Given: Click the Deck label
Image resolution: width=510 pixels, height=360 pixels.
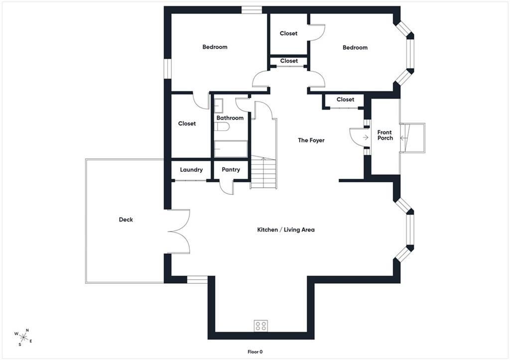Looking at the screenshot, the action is [x=126, y=220].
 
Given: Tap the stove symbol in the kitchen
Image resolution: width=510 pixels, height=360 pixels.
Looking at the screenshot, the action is [x=261, y=326].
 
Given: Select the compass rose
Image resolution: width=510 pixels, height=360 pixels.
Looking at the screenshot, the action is [x=23, y=337].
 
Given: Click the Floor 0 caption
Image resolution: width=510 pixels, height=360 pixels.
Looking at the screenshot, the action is [x=255, y=352].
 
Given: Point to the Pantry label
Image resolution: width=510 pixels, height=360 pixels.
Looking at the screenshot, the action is [x=231, y=169].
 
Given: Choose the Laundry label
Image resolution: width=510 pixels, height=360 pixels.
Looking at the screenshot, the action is [x=191, y=169].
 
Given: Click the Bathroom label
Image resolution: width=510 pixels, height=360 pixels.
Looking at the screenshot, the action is [x=230, y=118].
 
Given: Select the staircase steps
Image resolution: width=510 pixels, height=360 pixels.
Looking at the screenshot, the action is [x=263, y=172].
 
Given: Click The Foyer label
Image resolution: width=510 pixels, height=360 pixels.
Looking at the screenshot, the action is [x=311, y=140].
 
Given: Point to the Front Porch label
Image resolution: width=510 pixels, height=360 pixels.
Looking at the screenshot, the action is [x=385, y=135].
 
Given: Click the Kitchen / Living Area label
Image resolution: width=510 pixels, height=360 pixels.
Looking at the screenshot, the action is [x=286, y=230].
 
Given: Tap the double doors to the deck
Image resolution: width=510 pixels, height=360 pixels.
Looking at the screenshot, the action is [x=179, y=232].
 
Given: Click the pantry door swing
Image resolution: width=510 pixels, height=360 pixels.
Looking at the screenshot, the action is [x=227, y=188].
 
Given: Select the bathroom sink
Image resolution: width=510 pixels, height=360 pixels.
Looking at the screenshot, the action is [x=219, y=106].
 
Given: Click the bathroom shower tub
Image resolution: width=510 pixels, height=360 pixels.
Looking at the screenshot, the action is [x=231, y=149].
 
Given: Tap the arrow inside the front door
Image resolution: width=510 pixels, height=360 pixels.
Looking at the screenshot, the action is [x=366, y=137].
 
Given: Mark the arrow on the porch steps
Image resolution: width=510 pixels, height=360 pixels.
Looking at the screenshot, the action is [x=403, y=138].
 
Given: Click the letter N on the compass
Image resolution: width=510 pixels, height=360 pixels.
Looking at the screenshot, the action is [x=27, y=331].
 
